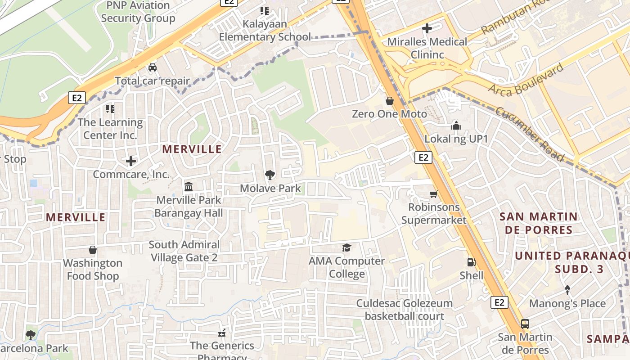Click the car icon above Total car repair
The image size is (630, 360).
click(x=153, y=67)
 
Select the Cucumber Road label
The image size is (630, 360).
click(x=530, y=134)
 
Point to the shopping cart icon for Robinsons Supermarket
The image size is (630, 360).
click(x=433, y=194)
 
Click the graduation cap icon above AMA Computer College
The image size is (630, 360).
click(x=346, y=247)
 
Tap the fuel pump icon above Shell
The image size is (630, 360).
click(x=471, y=262)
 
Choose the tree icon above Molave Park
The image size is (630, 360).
click(x=270, y=175)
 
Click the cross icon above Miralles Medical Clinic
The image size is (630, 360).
click(x=427, y=29)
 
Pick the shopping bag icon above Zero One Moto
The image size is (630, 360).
click(x=389, y=101)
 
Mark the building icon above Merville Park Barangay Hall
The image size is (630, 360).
click(x=189, y=186)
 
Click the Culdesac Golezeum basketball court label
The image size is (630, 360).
click(x=404, y=310)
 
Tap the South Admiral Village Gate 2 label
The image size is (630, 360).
click(x=184, y=251)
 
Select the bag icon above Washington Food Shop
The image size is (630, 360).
click(x=93, y=250)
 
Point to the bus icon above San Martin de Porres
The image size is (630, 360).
click(x=525, y=324)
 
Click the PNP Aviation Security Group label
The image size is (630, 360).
click(x=138, y=12)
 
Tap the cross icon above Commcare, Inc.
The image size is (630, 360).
click(x=130, y=161)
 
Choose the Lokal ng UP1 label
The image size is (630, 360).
click(x=456, y=139)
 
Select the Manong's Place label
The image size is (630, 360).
click(x=567, y=303)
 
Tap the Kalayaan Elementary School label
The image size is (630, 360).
click(x=265, y=30)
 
